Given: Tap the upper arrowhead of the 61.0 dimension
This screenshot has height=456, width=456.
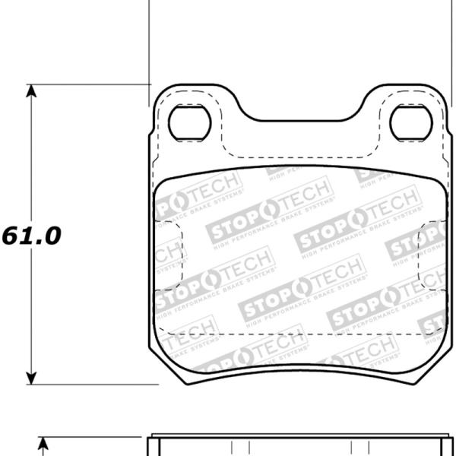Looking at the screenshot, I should pyautogui.click(x=31, y=91).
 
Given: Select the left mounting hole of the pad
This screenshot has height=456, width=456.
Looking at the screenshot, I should pyautogui.click(x=187, y=122).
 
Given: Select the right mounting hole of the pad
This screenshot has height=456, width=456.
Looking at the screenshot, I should pyautogui.click(x=410, y=122).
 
